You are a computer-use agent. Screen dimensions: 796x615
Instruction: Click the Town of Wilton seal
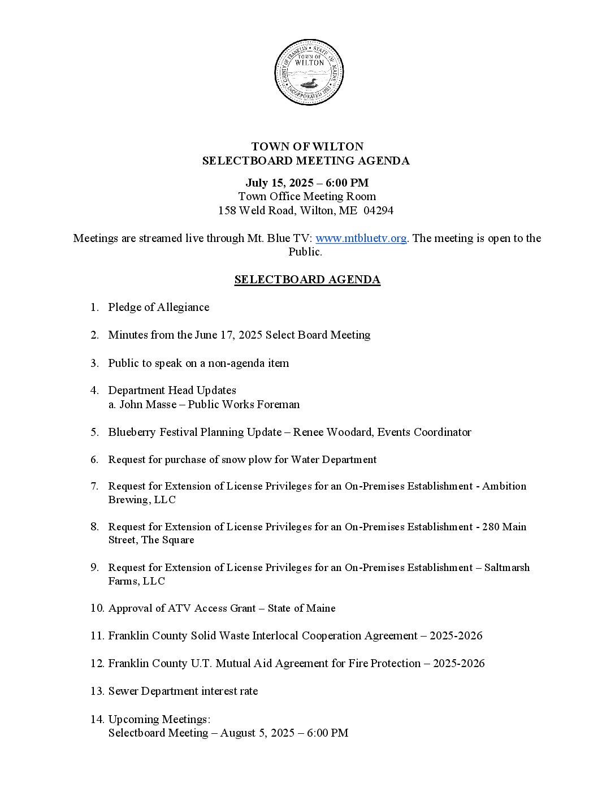[x=309, y=72]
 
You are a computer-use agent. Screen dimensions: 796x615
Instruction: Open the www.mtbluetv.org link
[x=361, y=238]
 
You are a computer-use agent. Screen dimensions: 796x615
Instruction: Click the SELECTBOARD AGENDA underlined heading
[x=307, y=279]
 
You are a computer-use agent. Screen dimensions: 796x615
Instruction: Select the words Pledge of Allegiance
[x=158, y=307]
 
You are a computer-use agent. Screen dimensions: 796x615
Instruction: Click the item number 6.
[x=94, y=460]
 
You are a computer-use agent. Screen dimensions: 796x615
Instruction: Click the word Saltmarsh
[x=507, y=568]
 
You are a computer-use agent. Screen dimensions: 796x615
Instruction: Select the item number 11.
[x=97, y=635]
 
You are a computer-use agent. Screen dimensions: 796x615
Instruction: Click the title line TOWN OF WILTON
[x=307, y=147]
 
